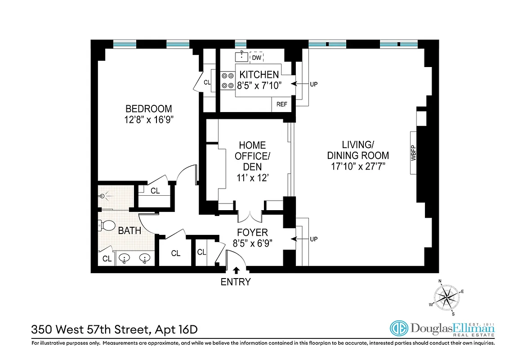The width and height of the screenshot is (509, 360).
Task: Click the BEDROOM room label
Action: click(x=148, y=109)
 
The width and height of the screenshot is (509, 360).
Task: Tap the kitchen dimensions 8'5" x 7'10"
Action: click(x=259, y=85)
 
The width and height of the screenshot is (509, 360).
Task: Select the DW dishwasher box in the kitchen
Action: click(x=256, y=58)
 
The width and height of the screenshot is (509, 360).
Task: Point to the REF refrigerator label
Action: click(x=282, y=104)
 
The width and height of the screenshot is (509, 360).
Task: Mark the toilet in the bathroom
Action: click(x=107, y=225)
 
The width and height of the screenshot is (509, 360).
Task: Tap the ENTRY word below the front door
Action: click(x=236, y=283)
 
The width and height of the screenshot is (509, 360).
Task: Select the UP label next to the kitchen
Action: click(x=314, y=84)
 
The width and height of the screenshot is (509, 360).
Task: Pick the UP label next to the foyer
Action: click(x=314, y=239)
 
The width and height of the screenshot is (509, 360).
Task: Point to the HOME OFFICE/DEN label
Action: click(x=252, y=156)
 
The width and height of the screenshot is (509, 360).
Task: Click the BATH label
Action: click(x=130, y=231)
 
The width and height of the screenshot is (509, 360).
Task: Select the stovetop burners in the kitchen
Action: click(x=228, y=81)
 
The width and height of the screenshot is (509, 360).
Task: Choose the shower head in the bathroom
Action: click(x=103, y=196)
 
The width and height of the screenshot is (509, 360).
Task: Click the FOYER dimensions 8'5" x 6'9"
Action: click(x=252, y=243)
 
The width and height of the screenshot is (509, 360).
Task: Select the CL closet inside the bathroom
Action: click(x=107, y=259)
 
